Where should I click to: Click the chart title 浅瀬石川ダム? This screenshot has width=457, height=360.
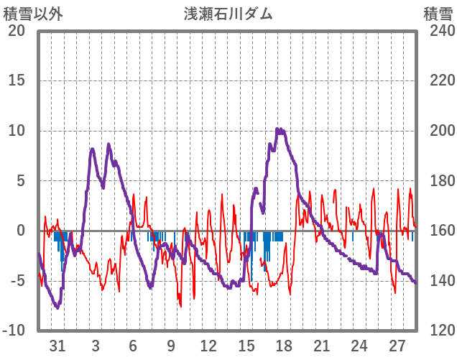click(x=228, y=14)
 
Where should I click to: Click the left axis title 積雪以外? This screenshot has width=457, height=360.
click(x=27, y=14)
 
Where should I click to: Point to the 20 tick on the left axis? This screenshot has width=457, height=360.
click(x=17, y=31)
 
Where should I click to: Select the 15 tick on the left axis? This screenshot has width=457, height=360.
click(x=17, y=80)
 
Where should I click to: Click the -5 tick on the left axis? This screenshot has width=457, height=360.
click(x=17, y=280)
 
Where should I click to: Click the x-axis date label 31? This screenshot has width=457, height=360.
click(x=58, y=346)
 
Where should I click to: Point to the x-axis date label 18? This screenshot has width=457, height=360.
click(x=283, y=346)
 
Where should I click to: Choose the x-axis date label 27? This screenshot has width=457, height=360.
click(x=397, y=346)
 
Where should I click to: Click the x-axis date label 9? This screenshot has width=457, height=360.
click(x=171, y=346)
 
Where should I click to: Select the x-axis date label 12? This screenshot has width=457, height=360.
click(x=208, y=346)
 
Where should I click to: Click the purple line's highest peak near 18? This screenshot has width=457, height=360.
click(x=279, y=130)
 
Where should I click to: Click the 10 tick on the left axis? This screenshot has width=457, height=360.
click(x=17, y=131)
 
